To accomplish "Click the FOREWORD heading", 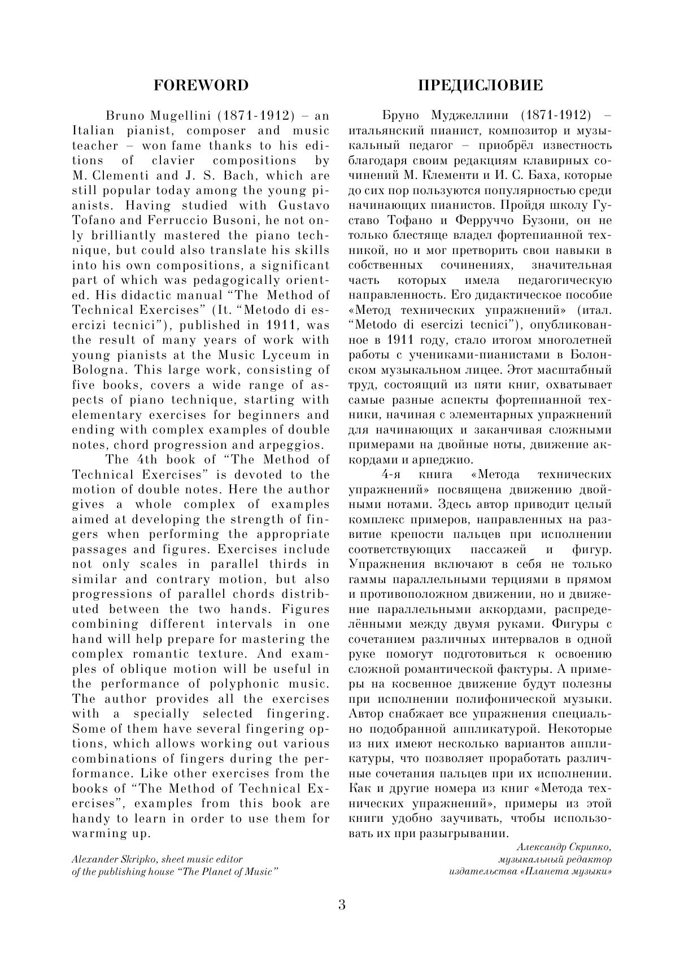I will (201, 85).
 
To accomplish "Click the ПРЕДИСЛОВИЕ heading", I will (480, 85).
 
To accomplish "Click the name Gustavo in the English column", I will (303, 205).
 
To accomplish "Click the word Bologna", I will (95, 370).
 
